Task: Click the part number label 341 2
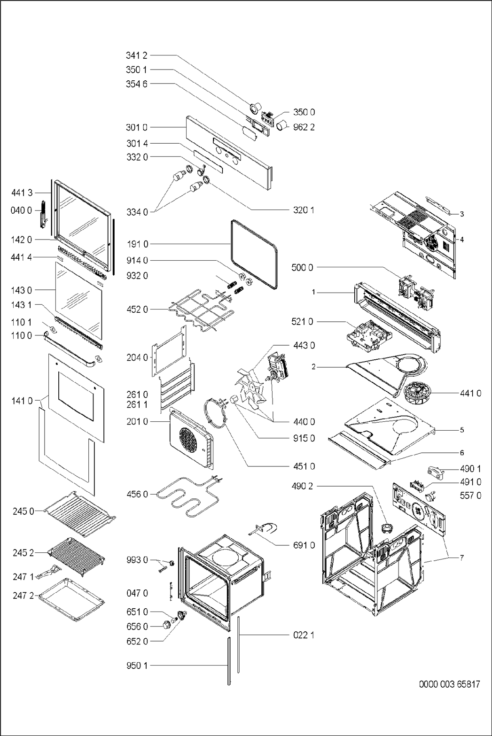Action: pyautogui.click(x=136, y=55)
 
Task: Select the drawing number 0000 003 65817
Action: pyautogui.click(x=449, y=684)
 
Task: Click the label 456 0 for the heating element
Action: pyautogui.click(x=137, y=494)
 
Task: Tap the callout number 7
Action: pyautogui.click(x=461, y=558)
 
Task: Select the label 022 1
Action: pyautogui.click(x=303, y=635)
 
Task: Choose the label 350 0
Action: pyautogui.click(x=304, y=112)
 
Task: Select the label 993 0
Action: pyautogui.click(x=137, y=560)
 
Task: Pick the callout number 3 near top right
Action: pyautogui.click(x=461, y=214)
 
